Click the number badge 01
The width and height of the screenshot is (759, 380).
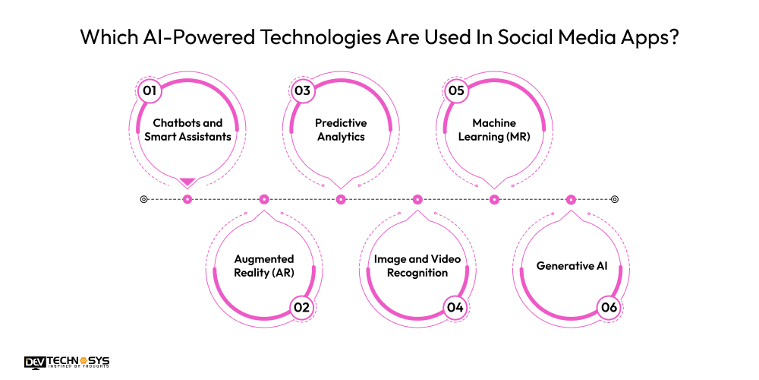click(150, 91)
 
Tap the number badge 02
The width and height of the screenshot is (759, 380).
click(302, 307)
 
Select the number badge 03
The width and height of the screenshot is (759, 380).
click(303, 91)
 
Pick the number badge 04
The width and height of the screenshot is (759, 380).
click(455, 307)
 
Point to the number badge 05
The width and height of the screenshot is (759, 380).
click(455, 91)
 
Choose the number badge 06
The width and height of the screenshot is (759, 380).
click(608, 307)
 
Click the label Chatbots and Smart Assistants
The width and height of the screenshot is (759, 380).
click(187, 129)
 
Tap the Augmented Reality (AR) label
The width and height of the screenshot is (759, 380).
click(263, 266)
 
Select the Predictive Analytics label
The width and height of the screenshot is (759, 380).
click(341, 129)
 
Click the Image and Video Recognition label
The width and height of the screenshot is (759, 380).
click(417, 266)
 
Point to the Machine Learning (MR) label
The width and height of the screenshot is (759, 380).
click(494, 129)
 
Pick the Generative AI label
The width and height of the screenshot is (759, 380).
click(572, 266)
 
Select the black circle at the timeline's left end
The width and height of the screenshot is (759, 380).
click(143, 199)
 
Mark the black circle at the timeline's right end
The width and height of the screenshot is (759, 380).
click(615, 199)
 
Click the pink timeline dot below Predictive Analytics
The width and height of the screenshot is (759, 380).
click(341, 199)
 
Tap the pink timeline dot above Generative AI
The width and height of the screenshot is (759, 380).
click(571, 199)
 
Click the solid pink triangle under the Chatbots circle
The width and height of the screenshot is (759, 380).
click(187, 181)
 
